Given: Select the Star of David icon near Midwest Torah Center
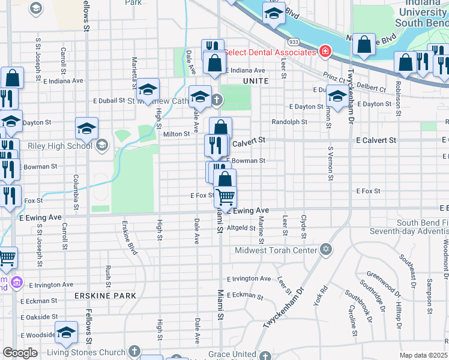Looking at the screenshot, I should pyautogui.click(x=326, y=249).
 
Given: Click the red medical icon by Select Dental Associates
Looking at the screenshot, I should pyautogui.click(x=325, y=52).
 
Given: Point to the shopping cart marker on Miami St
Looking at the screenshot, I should pyautogui.click(x=225, y=196).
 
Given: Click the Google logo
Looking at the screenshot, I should pyautogui.click(x=20, y=353).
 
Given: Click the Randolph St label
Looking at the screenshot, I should pyautogui.click(x=289, y=121).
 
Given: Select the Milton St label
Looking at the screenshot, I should pyautogui.click(x=176, y=134).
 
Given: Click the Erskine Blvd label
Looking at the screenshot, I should pyautogui.click(x=130, y=238).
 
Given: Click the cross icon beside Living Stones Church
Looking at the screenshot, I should pyautogui.click(x=134, y=352).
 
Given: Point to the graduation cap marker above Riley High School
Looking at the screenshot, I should pyautogui.click(x=86, y=128).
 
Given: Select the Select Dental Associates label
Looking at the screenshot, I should pyautogui.click(x=270, y=52).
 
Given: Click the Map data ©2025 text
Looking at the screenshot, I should pyautogui.click(x=423, y=355).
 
